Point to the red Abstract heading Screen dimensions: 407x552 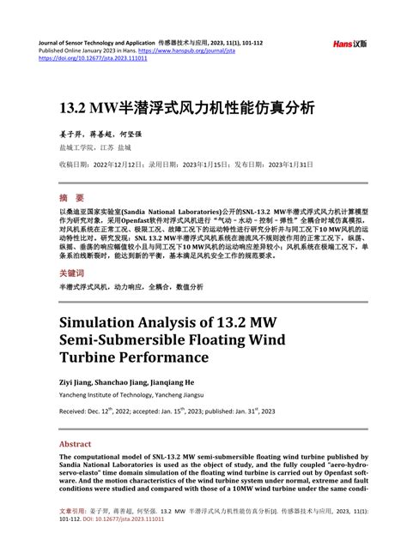point(75,445)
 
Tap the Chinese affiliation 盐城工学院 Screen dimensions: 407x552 point(76,147)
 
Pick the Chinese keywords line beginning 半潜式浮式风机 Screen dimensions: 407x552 point(131,287)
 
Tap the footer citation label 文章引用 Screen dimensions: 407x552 point(70,534)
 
